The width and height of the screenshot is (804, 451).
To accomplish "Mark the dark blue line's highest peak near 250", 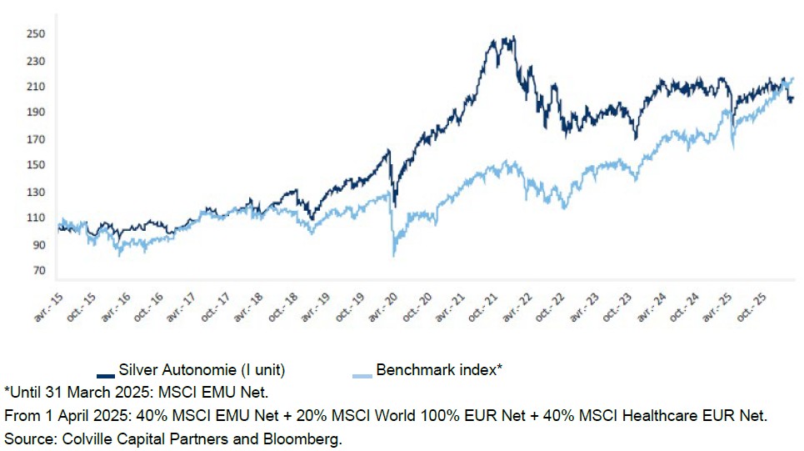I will pyautogui.click(x=505, y=38).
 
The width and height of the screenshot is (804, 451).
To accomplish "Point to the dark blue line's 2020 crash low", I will pyautogui.click(x=394, y=205).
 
